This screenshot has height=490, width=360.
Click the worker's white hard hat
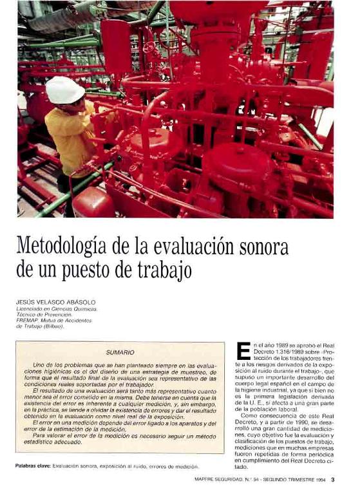pyautogui.click(x=64, y=90)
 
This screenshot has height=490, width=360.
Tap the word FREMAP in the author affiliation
pyautogui.click(x=30, y=320)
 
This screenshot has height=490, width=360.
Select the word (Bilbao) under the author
pyautogui.click(x=52, y=326)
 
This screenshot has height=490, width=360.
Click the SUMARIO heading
pyautogui.click(x=119, y=352)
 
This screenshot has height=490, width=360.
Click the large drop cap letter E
pyautogui.click(x=243, y=351)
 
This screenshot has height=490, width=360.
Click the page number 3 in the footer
pyautogui.click(x=333, y=479)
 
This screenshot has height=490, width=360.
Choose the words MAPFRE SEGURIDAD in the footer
pyautogui.click(x=222, y=479)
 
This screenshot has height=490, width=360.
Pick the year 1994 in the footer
pyautogui.click(x=320, y=479)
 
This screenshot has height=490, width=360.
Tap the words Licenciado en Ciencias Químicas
pyautogui.click(x=57, y=308)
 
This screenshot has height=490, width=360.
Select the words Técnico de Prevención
pyautogui.click(x=44, y=314)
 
